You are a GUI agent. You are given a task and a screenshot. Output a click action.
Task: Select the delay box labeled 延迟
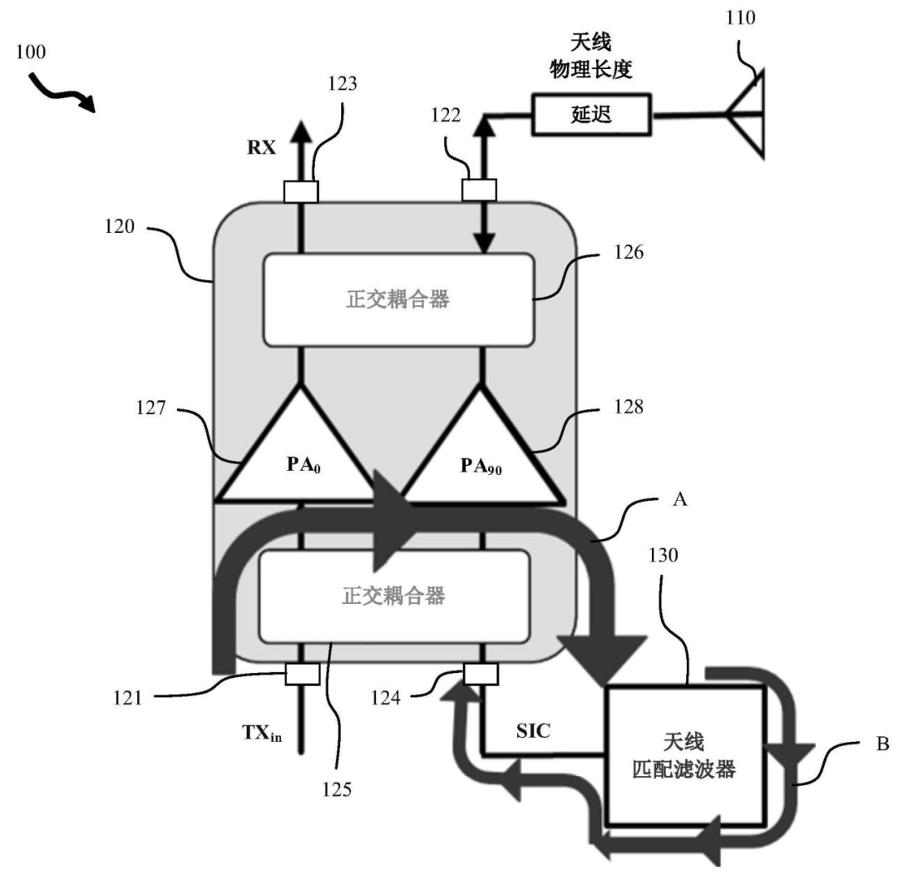[592, 115]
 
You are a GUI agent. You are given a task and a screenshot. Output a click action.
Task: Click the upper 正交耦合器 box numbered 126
[398, 299]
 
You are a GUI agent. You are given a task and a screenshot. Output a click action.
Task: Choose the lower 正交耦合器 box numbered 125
[394, 596]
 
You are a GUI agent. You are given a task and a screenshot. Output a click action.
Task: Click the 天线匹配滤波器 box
[685, 756]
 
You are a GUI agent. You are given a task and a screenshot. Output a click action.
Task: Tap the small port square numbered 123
[301, 191]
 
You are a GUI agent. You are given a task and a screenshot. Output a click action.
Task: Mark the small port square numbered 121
[303, 675]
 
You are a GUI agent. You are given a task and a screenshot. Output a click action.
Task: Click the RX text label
[261, 148]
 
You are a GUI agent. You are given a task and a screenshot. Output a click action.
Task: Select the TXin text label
[262, 733]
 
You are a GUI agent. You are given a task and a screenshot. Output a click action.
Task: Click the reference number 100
[31, 52]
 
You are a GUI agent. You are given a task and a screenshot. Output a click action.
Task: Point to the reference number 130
[664, 555]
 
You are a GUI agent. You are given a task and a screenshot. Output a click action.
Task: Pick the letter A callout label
[680, 500]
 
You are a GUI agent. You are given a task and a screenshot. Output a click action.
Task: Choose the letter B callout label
[882, 744]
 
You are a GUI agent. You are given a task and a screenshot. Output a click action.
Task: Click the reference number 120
[119, 226]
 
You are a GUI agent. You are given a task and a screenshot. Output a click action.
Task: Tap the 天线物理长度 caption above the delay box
[591, 57]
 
